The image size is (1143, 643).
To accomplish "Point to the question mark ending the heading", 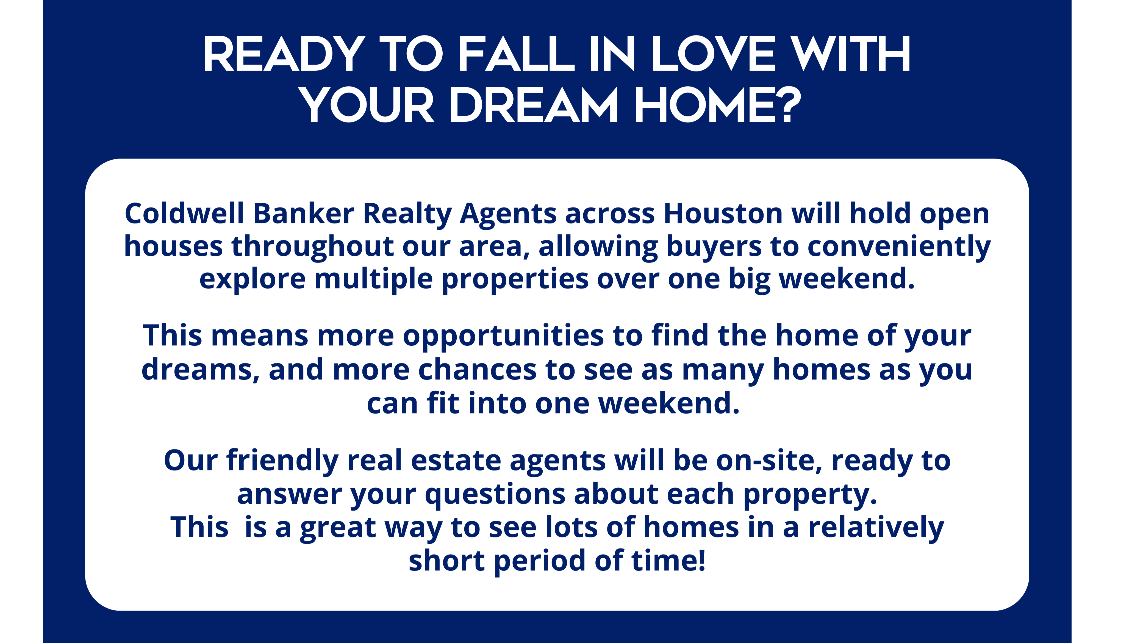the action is (791, 105).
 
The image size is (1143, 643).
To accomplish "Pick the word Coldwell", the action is (184, 214).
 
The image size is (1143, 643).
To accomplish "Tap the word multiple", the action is (374, 279).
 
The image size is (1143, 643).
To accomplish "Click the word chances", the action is (478, 370).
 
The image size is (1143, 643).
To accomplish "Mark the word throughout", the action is (312, 247).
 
